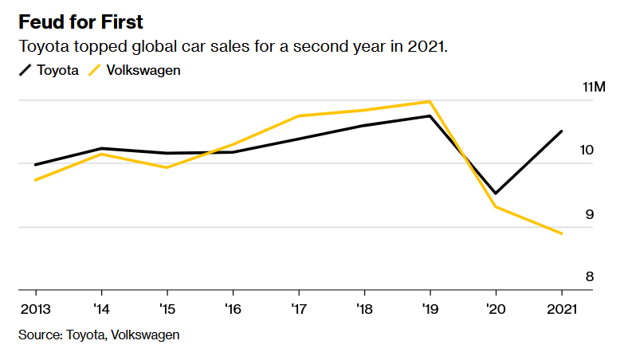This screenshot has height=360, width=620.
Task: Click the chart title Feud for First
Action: tap(81, 21)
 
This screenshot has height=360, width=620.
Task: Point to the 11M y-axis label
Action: tap(594, 87)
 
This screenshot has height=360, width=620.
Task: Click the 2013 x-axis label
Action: tap(33, 307)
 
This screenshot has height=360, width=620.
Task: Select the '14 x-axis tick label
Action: tap(101, 307)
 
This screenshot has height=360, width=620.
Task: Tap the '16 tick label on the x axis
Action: tap(233, 307)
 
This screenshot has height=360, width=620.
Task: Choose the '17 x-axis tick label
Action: tap(298, 307)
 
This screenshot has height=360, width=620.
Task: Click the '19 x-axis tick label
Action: tap(430, 307)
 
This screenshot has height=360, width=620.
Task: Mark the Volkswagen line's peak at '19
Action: tap(430, 101)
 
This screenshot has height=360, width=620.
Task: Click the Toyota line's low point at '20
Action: tap(495, 194)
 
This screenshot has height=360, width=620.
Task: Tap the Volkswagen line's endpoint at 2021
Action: tap(562, 233)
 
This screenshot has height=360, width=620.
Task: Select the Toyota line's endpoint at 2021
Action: tap(562, 131)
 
